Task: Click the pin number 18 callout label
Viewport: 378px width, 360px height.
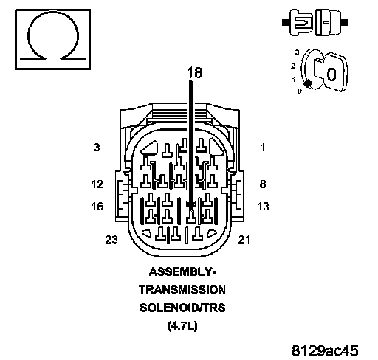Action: [194, 73]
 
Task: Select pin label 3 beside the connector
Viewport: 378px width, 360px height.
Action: [97, 148]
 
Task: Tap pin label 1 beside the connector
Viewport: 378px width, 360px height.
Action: [263, 148]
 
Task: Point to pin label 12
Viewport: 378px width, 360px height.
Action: [97, 184]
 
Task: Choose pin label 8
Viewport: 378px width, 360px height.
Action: [263, 184]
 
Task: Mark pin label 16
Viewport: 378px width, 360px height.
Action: [97, 206]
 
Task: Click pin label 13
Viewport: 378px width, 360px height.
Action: [263, 206]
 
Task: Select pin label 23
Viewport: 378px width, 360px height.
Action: [111, 240]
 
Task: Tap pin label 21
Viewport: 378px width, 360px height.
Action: [244, 240]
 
